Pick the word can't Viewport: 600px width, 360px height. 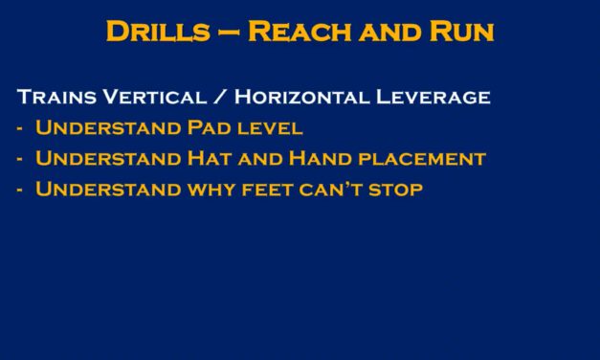[331, 190]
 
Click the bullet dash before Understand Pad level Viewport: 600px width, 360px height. [21, 129]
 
